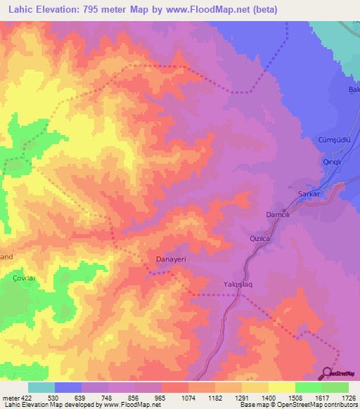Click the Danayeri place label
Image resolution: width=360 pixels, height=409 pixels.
coord(170,259)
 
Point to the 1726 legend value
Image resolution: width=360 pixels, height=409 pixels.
coord(349,398)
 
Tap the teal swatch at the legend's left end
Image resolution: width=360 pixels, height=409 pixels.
coord(41,387)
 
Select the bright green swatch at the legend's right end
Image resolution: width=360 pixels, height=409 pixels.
coord(335,387)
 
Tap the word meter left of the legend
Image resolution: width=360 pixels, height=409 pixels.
coord(11,398)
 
